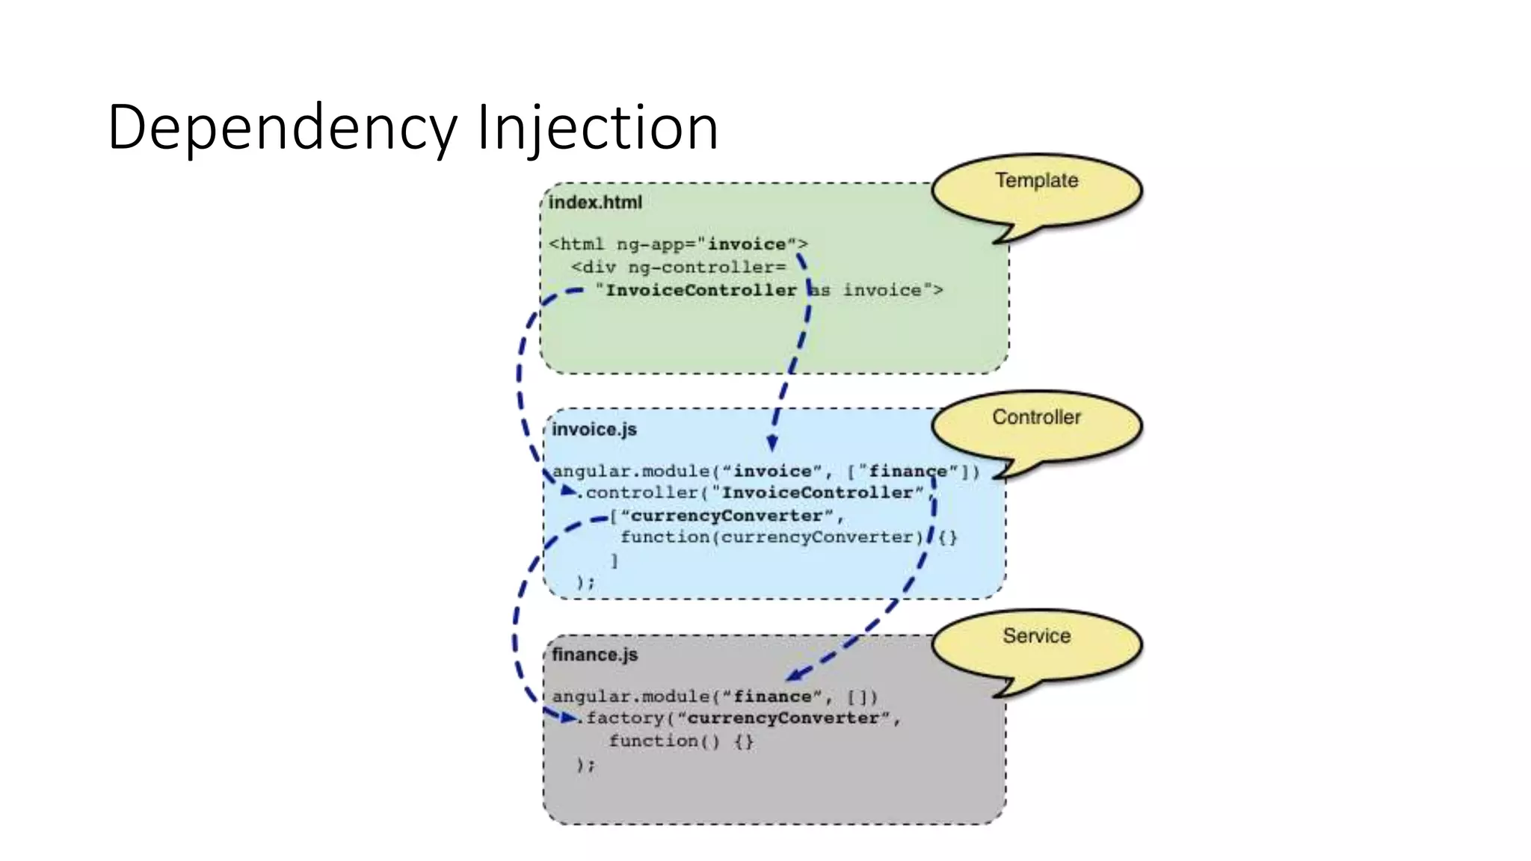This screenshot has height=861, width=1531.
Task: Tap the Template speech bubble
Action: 1036,187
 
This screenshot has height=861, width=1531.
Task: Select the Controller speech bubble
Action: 1036,423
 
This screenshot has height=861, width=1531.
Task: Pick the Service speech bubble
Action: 1036,641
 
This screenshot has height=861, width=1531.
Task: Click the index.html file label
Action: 595,203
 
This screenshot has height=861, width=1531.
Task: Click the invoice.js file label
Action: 594,430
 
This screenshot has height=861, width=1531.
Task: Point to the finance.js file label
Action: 594,655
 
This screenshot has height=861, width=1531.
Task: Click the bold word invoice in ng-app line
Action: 747,244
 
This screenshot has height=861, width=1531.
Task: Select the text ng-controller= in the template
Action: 706,268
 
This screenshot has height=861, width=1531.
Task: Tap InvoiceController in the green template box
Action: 701,291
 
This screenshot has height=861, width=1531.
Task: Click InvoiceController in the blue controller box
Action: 817,493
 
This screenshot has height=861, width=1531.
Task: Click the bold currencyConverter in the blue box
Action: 727,516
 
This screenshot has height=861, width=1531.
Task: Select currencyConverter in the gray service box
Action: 783,719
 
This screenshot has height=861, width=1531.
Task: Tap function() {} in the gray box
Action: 681,741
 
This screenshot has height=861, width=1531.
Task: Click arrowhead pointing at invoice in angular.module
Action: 772,443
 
